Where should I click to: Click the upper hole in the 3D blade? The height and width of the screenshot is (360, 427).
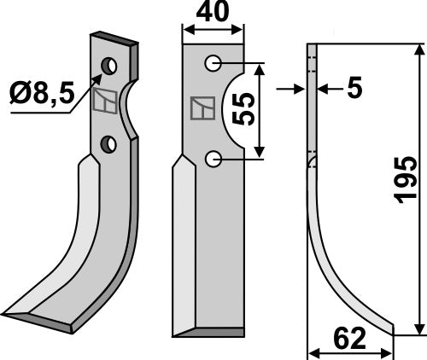110,65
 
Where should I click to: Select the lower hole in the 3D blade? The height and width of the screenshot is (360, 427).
108,144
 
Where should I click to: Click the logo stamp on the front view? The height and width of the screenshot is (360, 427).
201,109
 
